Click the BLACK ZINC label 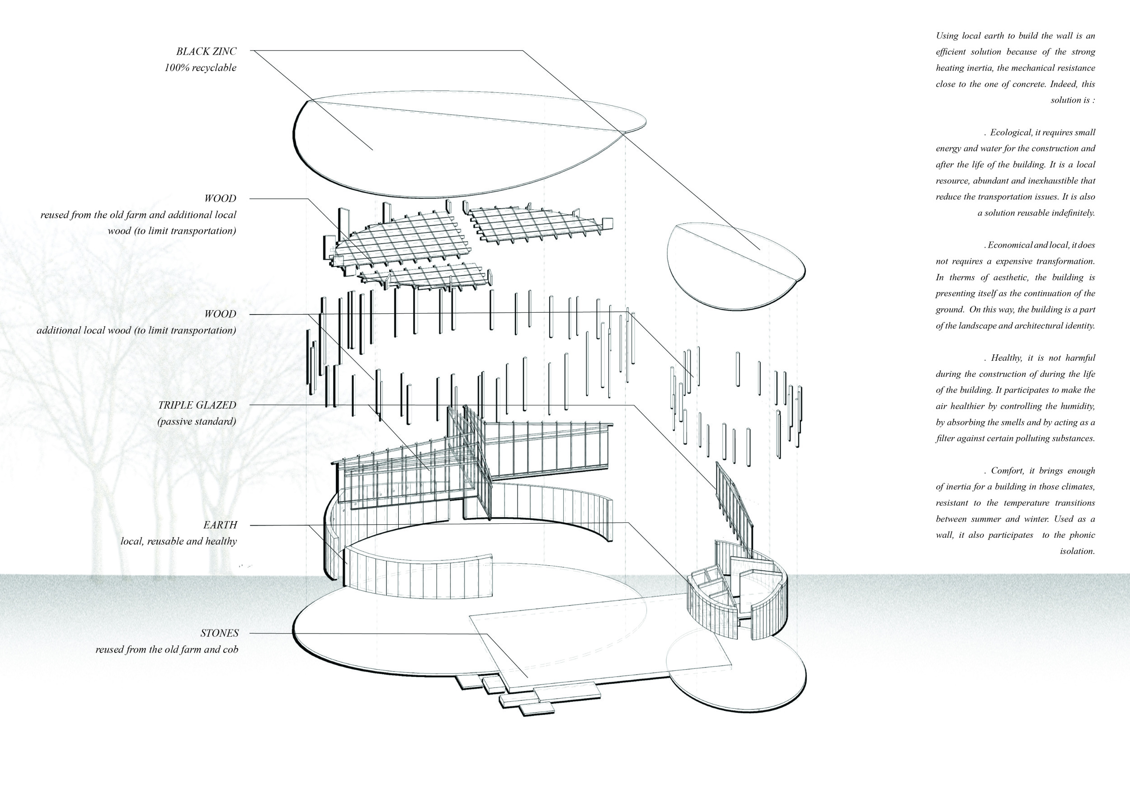click(206, 51)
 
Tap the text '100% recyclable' click(200, 68)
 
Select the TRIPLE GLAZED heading click(197, 405)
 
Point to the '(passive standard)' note click(197, 422)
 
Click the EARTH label click(220, 525)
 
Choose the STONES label click(220, 633)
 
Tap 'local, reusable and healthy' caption click(179, 541)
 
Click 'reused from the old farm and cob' click(167, 649)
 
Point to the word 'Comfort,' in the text click(1008, 470)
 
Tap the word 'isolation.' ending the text click(1077, 551)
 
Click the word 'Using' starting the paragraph click(947, 36)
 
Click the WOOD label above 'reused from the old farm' click(220, 199)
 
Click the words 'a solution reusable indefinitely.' click(1036, 213)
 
